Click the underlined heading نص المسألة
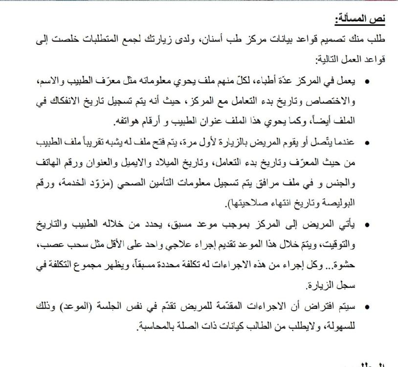360,20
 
